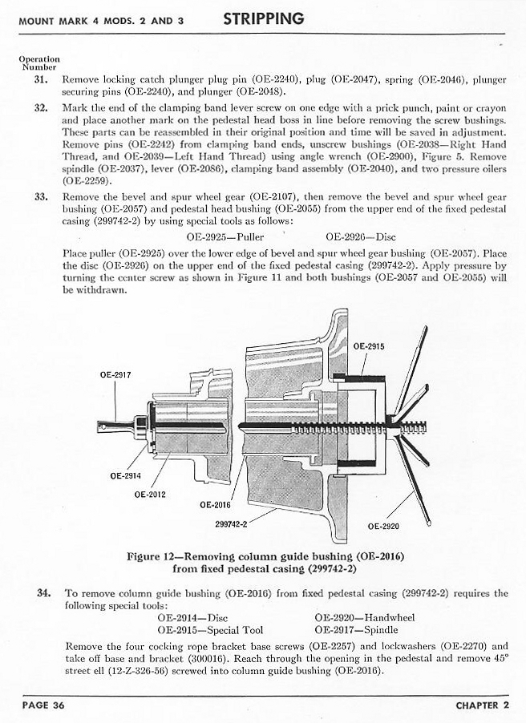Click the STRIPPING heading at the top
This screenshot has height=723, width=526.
263,18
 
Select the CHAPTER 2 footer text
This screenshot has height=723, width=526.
482,705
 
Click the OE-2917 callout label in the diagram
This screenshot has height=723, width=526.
115,374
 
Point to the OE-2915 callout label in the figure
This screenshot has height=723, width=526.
369,346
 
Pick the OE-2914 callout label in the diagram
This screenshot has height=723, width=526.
126,475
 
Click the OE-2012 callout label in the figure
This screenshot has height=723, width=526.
150,494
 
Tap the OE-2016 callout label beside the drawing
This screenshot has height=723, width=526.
215,505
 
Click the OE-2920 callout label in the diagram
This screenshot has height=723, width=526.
383,527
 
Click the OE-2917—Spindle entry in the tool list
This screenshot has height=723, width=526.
358,630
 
